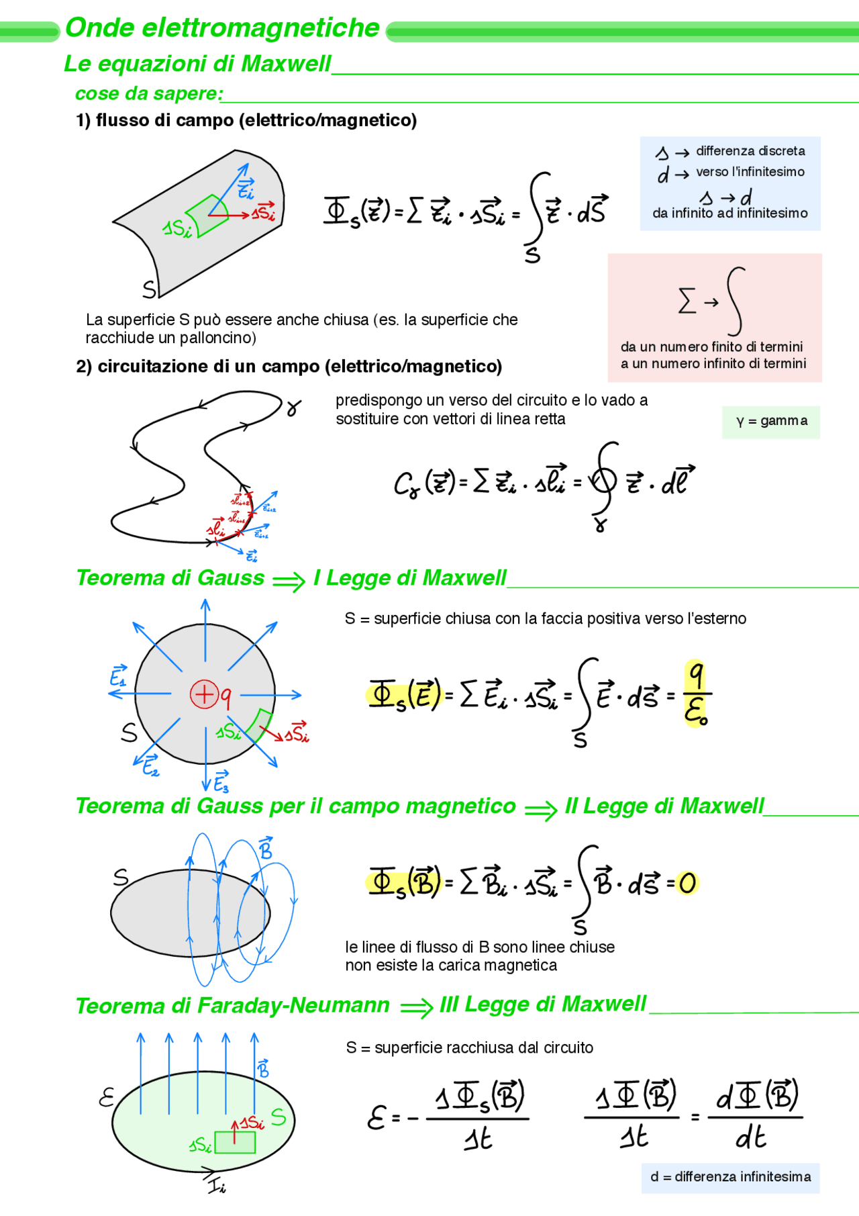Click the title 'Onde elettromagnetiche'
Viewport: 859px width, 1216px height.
222,28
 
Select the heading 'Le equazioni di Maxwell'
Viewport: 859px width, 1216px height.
197,64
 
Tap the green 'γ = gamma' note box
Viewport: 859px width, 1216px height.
771,422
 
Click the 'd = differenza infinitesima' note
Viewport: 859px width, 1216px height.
730,1177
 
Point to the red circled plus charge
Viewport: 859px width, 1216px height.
205,694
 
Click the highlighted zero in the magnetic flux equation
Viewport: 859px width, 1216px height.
687,883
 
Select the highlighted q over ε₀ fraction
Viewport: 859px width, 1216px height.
697,694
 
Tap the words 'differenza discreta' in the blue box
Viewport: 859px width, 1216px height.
750,151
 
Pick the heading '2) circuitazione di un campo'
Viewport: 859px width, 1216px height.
289,367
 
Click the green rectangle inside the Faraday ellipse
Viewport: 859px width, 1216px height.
235,1142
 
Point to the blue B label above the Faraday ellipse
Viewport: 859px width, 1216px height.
263,1068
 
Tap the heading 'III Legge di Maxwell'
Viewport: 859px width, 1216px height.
543,1004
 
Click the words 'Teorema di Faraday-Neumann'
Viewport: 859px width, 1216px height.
232,1006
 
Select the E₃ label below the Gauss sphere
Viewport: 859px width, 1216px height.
221,782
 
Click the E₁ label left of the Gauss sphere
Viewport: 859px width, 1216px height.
118,676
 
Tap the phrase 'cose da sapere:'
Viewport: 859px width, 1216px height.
149,94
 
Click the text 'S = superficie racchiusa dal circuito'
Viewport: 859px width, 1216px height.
470,1048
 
